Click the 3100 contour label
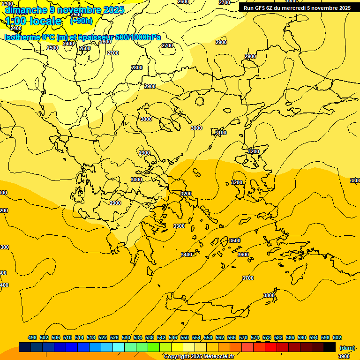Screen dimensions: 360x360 (x=220, y=133)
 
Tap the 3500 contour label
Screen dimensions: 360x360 (x=234, y=240)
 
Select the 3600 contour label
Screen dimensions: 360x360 (x=243, y=255)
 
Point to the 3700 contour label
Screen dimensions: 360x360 (x=247, y=278)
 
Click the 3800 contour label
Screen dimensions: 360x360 (x=269, y=295)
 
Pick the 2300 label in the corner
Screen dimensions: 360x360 (x=7, y=4)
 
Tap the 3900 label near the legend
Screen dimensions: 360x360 (x=344, y=356)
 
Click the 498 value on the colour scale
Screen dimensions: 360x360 (x=32, y=337)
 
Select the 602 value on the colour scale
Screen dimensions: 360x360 (x=337, y=337)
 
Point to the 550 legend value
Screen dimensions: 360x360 (x=185, y=337)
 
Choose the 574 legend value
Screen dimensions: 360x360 (x=255, y=337)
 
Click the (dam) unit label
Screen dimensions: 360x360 (x=347, y=347)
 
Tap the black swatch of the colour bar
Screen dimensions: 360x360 (x=329, y=347)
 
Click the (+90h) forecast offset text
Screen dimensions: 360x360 (x=81, y=21)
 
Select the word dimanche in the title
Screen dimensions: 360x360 (x=26, y=10)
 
